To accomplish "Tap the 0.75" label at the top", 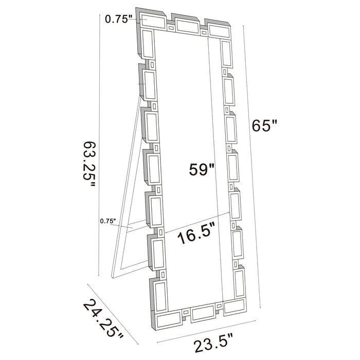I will tap(119, 19).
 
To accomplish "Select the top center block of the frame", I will tap(186, 24).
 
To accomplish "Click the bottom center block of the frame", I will tap(204, 314).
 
